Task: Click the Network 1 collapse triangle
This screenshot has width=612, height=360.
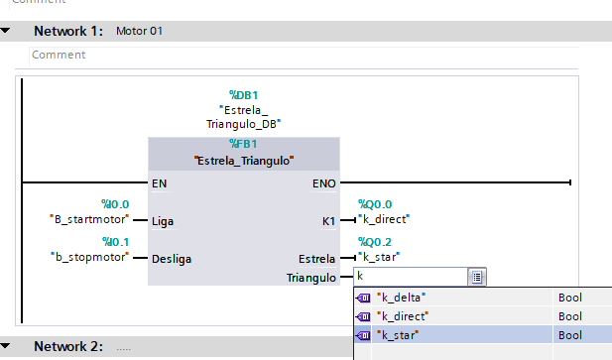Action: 5,31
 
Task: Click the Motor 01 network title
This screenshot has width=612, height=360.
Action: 139,31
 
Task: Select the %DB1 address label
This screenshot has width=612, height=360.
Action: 244,95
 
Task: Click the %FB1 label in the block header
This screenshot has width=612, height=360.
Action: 243,144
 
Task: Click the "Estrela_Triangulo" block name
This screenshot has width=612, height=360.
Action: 244,161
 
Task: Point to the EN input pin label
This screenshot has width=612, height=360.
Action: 160,183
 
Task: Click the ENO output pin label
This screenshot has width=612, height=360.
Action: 324,183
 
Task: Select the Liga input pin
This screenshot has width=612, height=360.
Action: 163,221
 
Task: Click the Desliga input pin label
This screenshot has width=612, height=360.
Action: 172,259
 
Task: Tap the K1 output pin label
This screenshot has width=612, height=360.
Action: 328,221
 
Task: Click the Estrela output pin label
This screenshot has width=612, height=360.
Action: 316,259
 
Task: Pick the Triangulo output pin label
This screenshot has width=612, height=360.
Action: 311,278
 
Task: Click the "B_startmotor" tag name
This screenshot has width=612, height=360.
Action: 89,219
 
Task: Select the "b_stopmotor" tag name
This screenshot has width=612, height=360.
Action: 89,257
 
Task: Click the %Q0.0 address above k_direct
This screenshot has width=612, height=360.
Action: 375,204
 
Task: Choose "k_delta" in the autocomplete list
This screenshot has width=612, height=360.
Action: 402,298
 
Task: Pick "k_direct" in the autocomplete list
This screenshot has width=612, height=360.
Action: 403,316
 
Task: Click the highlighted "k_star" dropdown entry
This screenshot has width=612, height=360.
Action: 398,335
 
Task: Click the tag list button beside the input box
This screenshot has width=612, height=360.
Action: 477,277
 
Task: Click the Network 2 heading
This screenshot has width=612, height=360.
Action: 68,346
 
